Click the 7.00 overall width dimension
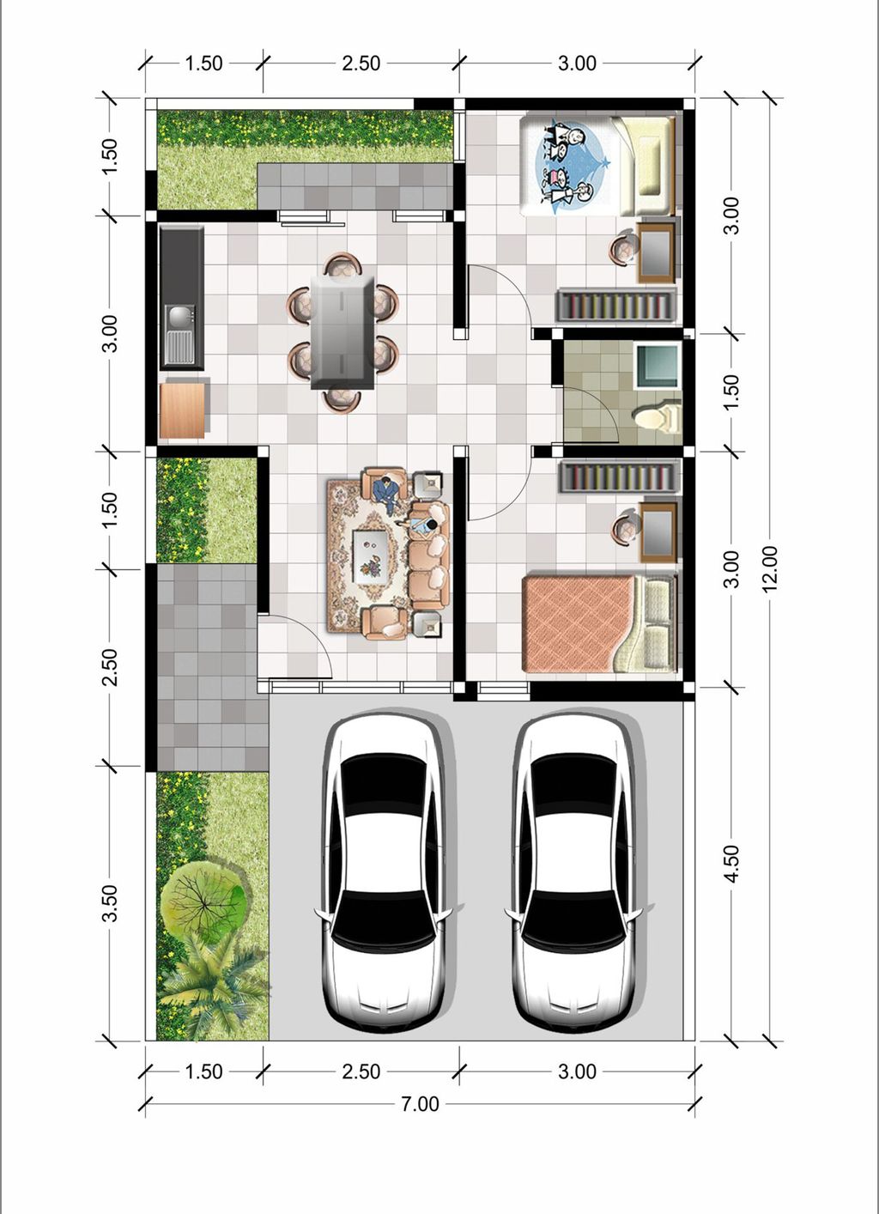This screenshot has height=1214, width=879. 420,1104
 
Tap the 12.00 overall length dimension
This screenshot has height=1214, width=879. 769,568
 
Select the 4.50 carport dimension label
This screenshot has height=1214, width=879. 731,864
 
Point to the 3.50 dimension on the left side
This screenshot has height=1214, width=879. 110,903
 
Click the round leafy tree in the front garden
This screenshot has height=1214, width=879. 203,899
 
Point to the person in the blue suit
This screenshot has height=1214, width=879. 389,493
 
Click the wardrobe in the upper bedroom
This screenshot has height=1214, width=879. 615,305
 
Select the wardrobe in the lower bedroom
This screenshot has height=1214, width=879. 618,476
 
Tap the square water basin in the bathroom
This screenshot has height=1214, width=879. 658,365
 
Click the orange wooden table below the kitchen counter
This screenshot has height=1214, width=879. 182,410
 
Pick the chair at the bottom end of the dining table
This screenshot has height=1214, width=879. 342,400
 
